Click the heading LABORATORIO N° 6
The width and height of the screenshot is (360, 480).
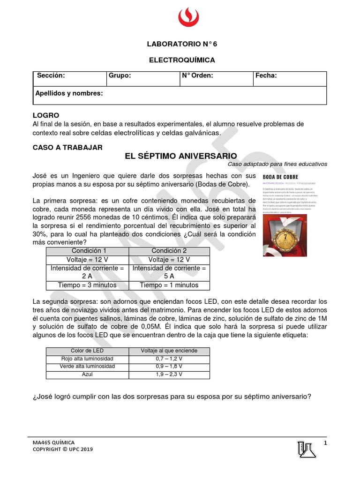[182, 44]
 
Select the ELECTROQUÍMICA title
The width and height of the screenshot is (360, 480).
[182, 60]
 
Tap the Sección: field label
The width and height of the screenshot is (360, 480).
[51, 75]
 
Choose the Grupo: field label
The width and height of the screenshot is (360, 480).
[120, 75]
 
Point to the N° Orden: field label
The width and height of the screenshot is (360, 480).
[197, 75]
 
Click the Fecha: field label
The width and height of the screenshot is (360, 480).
[266, 75]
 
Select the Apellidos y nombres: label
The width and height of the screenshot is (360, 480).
[69, 93]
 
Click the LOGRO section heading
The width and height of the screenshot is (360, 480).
[46, 115]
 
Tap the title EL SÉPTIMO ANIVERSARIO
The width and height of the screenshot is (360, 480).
[181, 156]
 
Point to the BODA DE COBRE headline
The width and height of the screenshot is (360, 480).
[281, 176]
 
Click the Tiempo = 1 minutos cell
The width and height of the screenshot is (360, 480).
[169, 285]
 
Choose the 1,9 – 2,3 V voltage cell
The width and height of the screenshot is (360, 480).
[169, 374]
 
